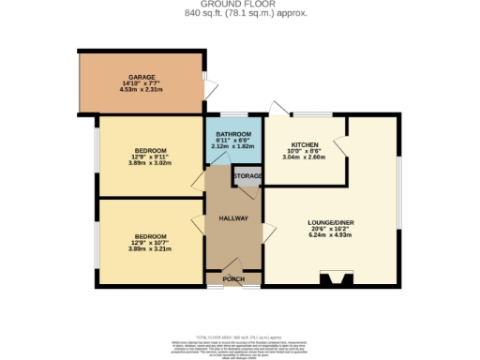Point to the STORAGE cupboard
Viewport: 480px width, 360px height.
[x=247, y=175]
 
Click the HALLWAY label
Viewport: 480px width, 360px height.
[x=233, y=218]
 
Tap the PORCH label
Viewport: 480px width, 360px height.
[x=233, y=279]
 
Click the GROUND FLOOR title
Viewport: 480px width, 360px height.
[x=239, y=5]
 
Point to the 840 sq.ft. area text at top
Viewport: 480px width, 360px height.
[x=239, y=14]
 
